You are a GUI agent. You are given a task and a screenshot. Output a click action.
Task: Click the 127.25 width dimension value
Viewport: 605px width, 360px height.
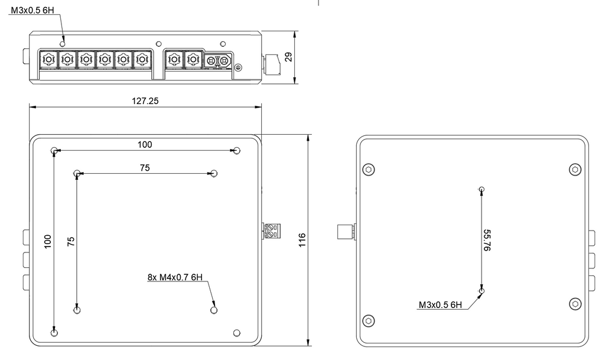(x=145, y=100)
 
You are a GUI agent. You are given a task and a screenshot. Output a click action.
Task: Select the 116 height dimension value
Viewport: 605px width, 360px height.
(x=302, y=240)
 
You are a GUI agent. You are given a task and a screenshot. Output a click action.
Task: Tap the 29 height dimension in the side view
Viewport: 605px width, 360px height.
(x=288, y=57)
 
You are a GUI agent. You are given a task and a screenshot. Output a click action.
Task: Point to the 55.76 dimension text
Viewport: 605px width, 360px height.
(x=487, y=240)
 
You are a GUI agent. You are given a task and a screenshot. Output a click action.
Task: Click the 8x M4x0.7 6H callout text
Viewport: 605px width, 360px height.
(x=175, y=277)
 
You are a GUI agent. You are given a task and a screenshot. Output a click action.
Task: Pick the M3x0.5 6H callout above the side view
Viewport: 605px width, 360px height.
(x=32, y=10)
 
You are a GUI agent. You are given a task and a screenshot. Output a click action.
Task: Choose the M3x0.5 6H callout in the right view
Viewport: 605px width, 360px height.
(x=440, y=305)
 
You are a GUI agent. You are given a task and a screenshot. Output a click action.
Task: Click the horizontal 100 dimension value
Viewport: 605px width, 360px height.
(x=145, y=145)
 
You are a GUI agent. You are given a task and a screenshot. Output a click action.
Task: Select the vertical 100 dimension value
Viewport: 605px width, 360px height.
(x=47, y=242)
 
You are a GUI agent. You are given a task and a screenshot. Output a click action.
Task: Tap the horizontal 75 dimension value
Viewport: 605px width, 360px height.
(x=145, y=168)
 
